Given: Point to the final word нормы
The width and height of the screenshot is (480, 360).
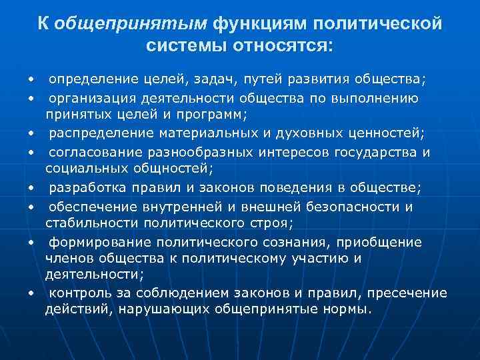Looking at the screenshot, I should tap(347, 309).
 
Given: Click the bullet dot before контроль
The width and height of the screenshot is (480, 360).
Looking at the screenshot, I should tap(31, 294).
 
